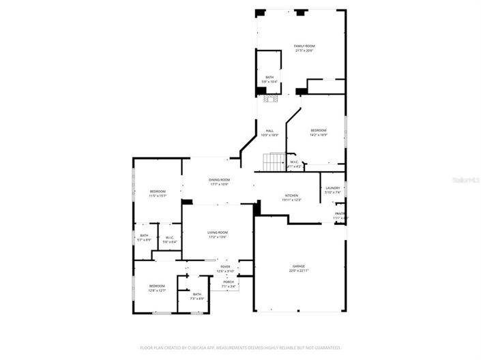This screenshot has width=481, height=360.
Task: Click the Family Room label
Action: click(x=304, y=46)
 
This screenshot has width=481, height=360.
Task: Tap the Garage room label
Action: click(x=299, y=266)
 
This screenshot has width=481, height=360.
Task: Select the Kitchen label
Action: click(x=291, y=196)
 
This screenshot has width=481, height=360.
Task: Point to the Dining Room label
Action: click(x=219, y=179)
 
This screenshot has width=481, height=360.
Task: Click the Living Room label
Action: click(x=218, y=232)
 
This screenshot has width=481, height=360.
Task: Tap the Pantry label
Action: click(x=339, y=213)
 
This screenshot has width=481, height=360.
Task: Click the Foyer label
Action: click(x=225, y=267)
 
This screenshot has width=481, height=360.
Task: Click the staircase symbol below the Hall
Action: click(x=274, y=163)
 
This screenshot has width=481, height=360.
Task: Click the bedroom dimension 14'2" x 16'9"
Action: click(x=318, y=135)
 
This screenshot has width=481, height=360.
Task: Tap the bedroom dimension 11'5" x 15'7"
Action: click(x=158, y=196)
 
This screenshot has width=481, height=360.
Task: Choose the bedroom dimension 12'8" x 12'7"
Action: click(x=157, y=290)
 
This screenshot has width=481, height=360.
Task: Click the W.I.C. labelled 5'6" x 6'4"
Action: click(x=169, y=241)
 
